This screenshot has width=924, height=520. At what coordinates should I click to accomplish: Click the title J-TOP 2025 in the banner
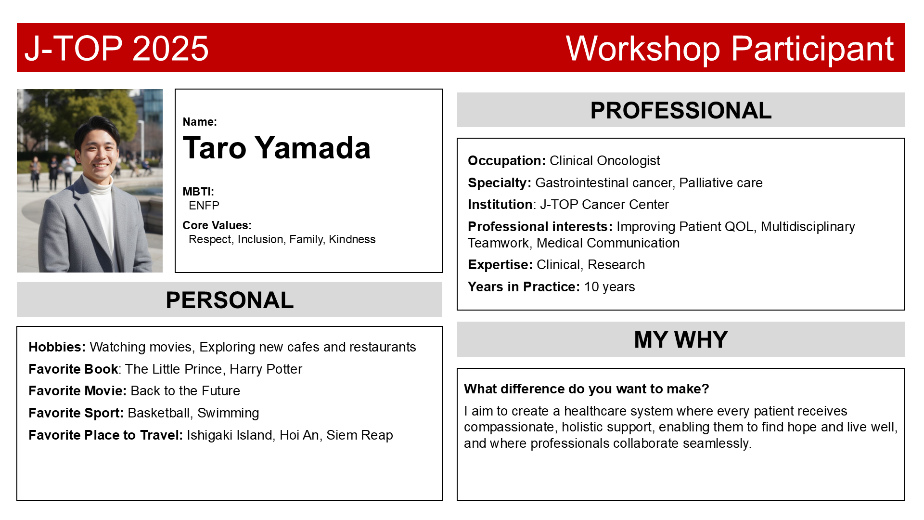point(116,48)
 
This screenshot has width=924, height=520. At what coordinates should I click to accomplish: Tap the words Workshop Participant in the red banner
point(730,49)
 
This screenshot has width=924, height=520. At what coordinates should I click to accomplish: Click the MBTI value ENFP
point(204,206)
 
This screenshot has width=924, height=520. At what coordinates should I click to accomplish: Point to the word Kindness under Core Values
point(352,239)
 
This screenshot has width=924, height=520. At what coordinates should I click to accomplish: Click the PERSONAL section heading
point(230,300)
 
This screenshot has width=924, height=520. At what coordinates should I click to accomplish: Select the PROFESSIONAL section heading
point(681,110)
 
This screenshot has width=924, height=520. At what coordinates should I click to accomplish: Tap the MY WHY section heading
point(681,339)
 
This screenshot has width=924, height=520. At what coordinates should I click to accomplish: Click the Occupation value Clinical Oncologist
point(604,161)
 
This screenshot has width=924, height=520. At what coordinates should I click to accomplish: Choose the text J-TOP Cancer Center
point(604,205)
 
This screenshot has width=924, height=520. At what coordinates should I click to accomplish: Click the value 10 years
point(609,287)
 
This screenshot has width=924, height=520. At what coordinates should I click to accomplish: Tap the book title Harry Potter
point(266,369)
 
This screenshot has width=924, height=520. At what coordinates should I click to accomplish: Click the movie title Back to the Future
point(185,391)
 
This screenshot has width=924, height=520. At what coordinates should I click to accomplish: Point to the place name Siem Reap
point(359,435)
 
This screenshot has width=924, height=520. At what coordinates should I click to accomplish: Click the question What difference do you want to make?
point(587,389)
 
